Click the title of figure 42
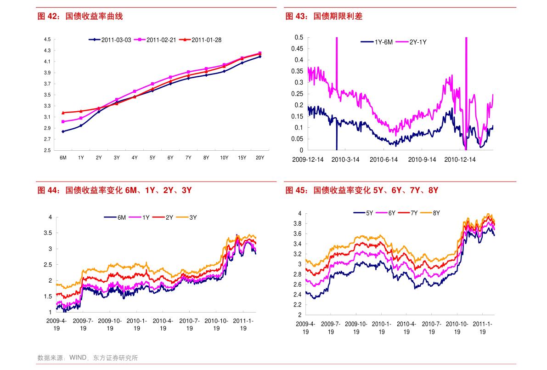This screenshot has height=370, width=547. pyautogui.click(x=80, y=17)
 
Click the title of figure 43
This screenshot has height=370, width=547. pyautogui.click(x=324, y=17)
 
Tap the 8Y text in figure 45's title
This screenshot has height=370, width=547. pyautogui.click(x=433, y=190)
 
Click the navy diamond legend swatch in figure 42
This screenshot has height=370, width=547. pyautogui.click(x=95, y=40)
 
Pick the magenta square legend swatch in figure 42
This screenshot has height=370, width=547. pyautogui.click(x=140, y=40)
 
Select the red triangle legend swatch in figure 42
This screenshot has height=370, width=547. pyautogui.click(x=185, y=40)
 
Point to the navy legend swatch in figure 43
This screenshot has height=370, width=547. pyautogui.click(x=367, y=42)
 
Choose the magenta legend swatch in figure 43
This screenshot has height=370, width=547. pyautogui.click(x=402, y=42)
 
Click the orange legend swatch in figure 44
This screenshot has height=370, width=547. pyautogui.click(x=182, y=217)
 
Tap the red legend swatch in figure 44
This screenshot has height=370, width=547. pyautogui.click(x=158, y=217)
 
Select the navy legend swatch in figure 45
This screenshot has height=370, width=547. pyautogui.click(x=359, y=213)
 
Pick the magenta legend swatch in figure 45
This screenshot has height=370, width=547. pyautogui.click(x=381, y=213)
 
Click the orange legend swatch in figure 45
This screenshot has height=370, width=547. pyautogui.click(x=426, y=213)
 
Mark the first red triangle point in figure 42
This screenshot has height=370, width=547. pyautogui.click(x=63, y=113)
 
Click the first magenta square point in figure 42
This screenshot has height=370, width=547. pyautogui.click(x=63, y=122)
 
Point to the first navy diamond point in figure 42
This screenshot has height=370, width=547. pyautogui.click(x=63, y=131)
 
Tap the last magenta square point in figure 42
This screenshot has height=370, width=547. pyautogui.click(x=260, y=53)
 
